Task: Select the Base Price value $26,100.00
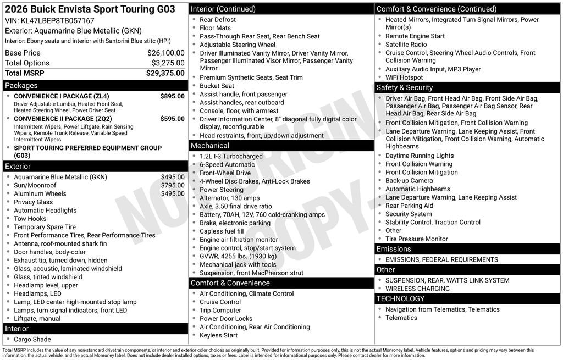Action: click(x=165, y=53)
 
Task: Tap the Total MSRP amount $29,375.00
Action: click(x=165, y=73)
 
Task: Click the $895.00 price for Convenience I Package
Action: click(x=172, y=96)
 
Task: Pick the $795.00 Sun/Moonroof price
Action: click(x=173, y=185)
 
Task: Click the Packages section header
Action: click(x=21, y=86)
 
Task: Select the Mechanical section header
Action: click(x=209, y=146)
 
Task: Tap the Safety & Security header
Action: click(x=404, y=87)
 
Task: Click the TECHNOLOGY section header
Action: click(x=400, y=298)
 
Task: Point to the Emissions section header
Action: click(x=394, y=249)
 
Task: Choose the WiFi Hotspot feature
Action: click(x=404, y=77)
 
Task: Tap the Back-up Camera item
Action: click(x=409, y=180)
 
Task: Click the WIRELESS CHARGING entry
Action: click(x=417, y=289)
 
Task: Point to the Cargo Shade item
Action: click(x=32, y=339)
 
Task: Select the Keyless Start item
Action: click(x=218, y=335)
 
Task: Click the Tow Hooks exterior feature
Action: click(x=30, y=219)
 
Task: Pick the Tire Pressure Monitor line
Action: click(x=416, y=239)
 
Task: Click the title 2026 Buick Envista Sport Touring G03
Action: click(x=90, y=9)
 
